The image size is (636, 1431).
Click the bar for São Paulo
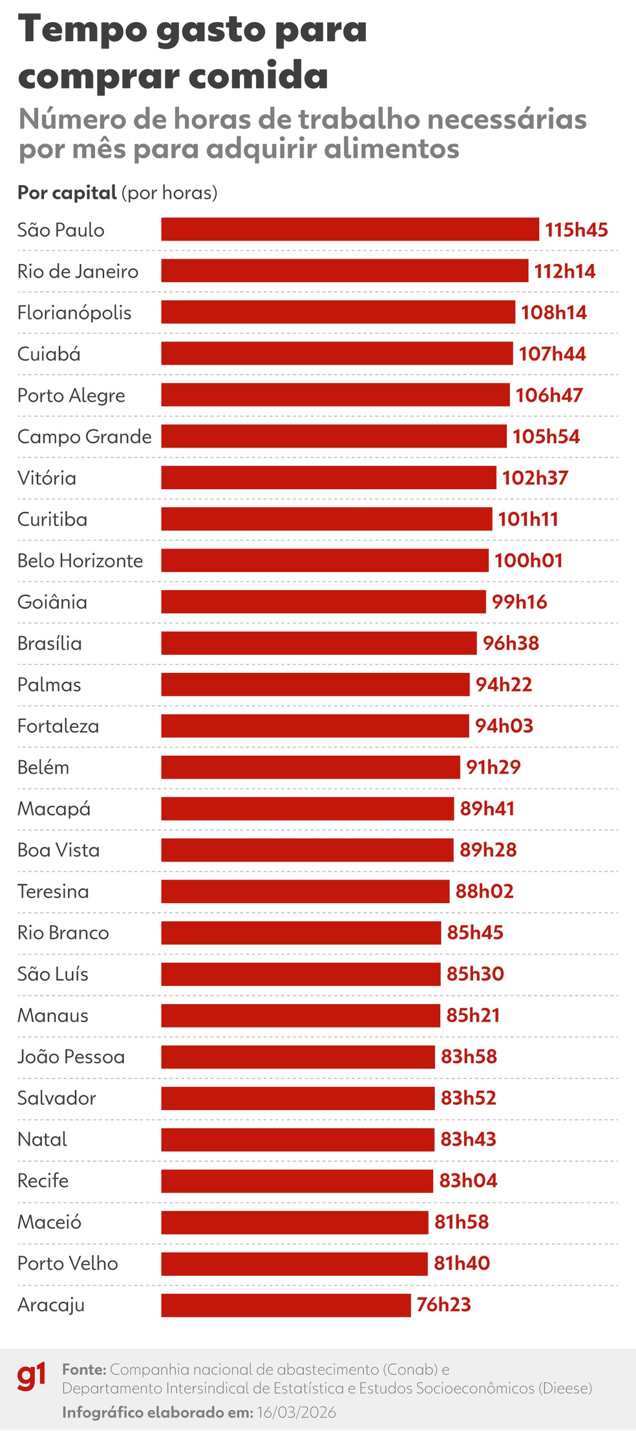[x=350, y=230]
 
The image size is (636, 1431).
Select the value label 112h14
[x=564, y=271]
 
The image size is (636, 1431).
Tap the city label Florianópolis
[x=74, y=312]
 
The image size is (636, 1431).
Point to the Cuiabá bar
[x=337, y=354]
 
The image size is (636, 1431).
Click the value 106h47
[x=549, y=395]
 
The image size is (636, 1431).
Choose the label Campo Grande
[x=85, y=437]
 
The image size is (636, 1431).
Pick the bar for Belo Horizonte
[x=324, y=560]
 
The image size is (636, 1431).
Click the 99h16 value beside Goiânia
[x=519, y=602]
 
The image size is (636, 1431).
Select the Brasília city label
[x=50, y=643]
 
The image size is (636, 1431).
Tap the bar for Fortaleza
[x=315, y=726]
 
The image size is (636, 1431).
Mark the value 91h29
[x=493, y=767]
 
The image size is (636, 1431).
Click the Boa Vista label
[x=59, y=850]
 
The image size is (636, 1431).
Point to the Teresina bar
[x=305, y=891]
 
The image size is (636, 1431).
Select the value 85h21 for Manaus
[x=473, y=1015]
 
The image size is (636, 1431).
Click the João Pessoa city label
[x=71, y=1056]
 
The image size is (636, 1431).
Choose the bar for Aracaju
[x=286, y=1305]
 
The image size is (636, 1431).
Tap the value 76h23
[x=443, y=1305]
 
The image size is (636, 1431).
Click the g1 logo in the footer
[x=32, y=1376]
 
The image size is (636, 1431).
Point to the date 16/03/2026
[x=296, y=1412]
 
